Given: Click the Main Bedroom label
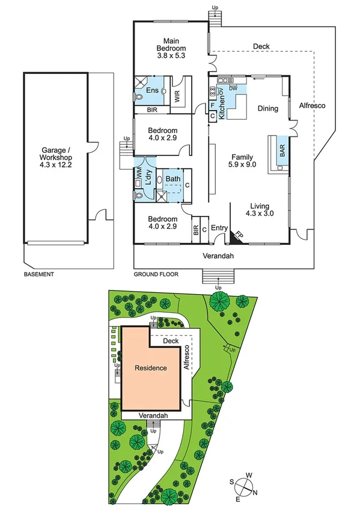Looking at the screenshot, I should pyautogui.click(x=171, y=48).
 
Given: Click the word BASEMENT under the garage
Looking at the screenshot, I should pyautogui.click(x=38, y=274).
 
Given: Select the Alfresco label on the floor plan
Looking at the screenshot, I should pyautogui.click(x=312, y=105).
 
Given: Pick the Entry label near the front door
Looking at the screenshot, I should pyautogui.click(x=219, y=228).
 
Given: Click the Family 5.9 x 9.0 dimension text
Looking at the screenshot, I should pyautogui.click(x=243, y=162).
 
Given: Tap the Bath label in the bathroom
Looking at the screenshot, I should pyautogui.click(x=173, y=179).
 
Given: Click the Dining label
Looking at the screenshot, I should pyautogui.click(x=267, y=109).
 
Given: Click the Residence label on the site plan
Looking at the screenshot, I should pyautogui.click(x=150, y=367).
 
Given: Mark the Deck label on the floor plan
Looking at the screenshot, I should pyautogui.click(x=261, y=46).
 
